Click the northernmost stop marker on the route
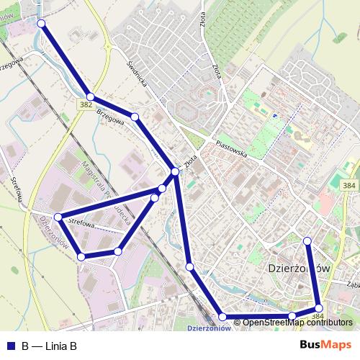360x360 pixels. tap(41, 24)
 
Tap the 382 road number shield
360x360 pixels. tap(86, 105)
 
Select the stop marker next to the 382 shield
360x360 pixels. tap(90, 96)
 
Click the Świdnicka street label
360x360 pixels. tap(137, 73)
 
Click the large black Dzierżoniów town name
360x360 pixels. tap(293, 267)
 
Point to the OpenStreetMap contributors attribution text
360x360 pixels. tap(297, 323)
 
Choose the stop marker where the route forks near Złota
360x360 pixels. tap(175, 171)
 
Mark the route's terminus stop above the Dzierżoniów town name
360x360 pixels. tap(307, 240)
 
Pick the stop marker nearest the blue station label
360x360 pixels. tap(222, 317)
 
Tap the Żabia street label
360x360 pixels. tap(351, 283)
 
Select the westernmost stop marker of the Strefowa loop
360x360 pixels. tap(58, 217)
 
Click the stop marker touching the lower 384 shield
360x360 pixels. tap(319, 308)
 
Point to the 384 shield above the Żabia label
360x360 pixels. tap(348, 186)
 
